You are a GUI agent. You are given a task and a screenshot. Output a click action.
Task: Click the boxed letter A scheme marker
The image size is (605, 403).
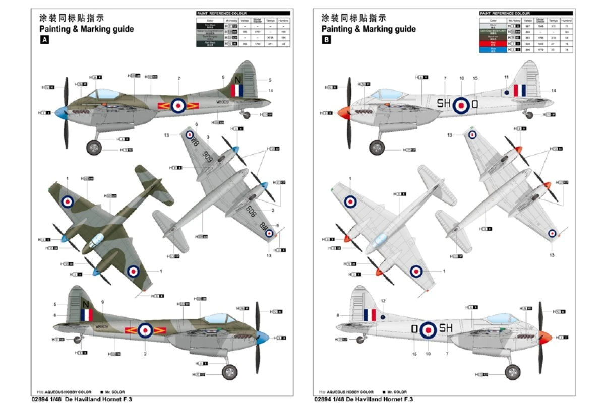[44, 41]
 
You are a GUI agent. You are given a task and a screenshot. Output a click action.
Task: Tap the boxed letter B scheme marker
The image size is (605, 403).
[326, 41]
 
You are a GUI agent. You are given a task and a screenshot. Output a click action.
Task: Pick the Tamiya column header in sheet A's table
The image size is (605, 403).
[270, 20]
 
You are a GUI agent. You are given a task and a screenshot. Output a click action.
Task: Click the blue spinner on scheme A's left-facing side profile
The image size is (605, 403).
[60, 112]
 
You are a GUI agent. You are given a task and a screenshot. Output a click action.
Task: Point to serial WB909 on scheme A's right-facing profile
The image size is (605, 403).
[115, 327]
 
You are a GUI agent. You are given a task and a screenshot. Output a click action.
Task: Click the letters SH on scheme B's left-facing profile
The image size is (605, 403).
[444, 104]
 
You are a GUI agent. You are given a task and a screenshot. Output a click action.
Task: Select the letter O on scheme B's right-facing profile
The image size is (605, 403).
[414, 329]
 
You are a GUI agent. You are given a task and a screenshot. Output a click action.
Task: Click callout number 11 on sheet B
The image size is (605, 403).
[506, 77]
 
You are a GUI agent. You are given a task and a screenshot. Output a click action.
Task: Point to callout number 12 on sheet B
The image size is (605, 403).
[383, 301]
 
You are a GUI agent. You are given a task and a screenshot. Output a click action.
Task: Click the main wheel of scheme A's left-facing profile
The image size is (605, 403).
[94, 148]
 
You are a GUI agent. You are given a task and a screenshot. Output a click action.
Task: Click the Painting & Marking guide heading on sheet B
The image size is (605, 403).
[369, 29]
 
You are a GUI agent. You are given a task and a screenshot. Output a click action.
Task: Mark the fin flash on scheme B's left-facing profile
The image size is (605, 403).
[520, 91]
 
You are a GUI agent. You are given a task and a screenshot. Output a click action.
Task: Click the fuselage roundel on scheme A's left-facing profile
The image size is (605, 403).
[177, 105]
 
